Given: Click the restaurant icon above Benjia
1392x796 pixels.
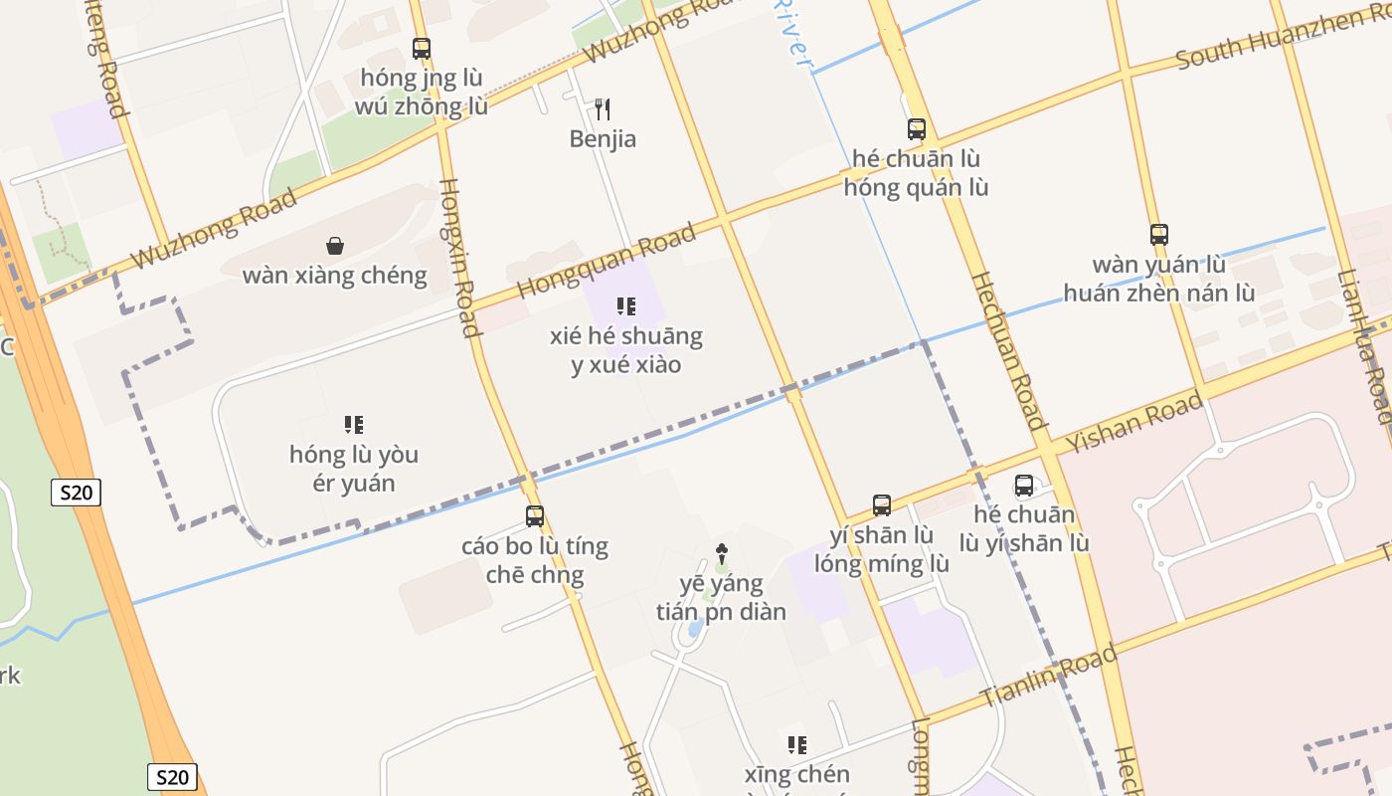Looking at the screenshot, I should pyautogui.click(x=602, y=108).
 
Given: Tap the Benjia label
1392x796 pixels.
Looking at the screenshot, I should pyautogui.click(x=603, y=139).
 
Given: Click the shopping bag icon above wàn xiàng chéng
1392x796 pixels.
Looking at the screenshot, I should pyautogui.click(x=335, y=245).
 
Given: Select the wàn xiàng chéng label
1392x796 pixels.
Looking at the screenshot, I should pyautogui.click(x=335, y=276).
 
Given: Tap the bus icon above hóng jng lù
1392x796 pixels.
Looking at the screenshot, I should pyautogui.click(x=422, y=48).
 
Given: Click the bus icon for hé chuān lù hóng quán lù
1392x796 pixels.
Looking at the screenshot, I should pyautogui.click(x=917, y=128).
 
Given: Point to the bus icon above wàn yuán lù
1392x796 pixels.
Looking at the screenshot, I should pyautogui.click(x=1159, y=235).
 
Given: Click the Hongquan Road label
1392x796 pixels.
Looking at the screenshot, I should pyautogui.click(x=607, y=261).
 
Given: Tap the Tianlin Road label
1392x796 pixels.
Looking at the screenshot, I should pyautogui.click(x=1048, y=677).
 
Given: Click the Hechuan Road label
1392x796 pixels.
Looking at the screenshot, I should pyautogui.click(x=1008, y=349).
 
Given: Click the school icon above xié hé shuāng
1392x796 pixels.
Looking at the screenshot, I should pyautogui.click(x=626, y=305).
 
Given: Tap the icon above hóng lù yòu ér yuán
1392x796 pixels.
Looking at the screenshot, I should pyautogui.click(x=354, y=425).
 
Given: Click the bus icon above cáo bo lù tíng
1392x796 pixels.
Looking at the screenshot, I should pyautogui.click(x=535, y=515).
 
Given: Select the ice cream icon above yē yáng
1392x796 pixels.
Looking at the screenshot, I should pyautogui.click(x=722, y=553).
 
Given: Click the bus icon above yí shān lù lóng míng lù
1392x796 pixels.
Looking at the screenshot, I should pyautogui.click(x=882, y=504).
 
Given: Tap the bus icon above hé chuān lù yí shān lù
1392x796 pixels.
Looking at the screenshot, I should pyautogui.click(x=1024, y=486).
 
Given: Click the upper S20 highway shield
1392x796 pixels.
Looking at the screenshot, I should pyautogui.click(x=77, y=492).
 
